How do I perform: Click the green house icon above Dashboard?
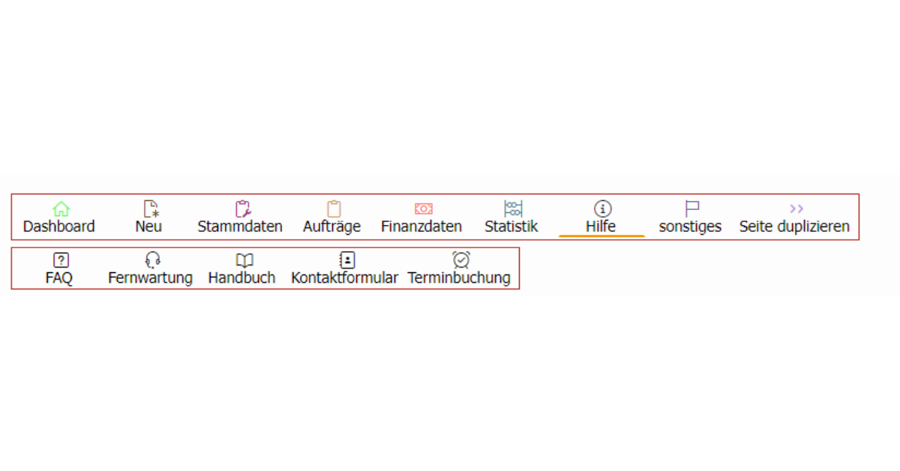click(61, 209)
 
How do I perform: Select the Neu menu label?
click(148, 226)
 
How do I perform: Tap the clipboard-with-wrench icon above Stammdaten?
click(243, 209)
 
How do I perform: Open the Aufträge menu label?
click(331, 226)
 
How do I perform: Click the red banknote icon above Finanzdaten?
click(424, 208)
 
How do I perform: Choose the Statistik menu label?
click(511, 226)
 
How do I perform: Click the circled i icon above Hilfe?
click(602, 209)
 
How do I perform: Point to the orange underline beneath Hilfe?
click(601, 236)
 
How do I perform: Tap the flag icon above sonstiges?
click(691, 209)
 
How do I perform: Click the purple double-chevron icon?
click(796, 208)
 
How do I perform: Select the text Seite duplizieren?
click(794, 226)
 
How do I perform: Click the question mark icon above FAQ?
click(61, 260)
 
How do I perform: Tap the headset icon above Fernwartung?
click(153, 260)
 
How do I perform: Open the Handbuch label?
click(241, 277)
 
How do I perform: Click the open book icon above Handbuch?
click(244, 260)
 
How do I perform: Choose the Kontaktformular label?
click(344, 277)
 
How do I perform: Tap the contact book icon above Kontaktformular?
click(347, 260)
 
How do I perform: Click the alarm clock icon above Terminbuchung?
click(460, 260)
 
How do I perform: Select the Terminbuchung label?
click(459, 277)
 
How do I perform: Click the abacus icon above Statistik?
click(513, 209)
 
